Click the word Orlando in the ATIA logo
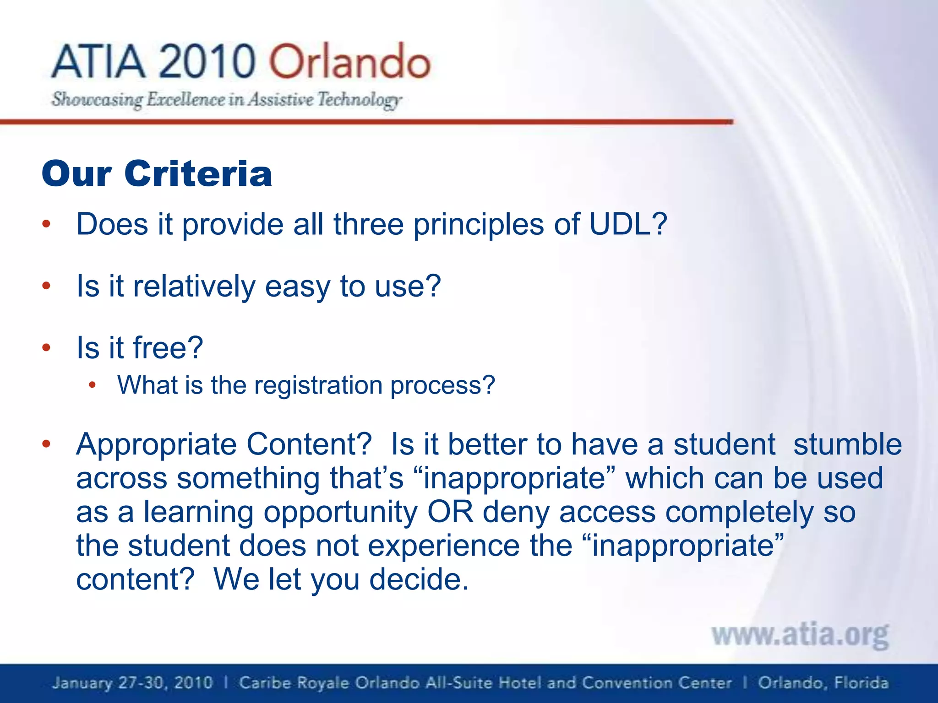tap(349, 61)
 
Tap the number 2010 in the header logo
tap(207, 61)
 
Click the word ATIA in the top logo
tap(98, 61)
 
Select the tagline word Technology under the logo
tap(360, 99)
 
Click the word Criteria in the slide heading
tap(198, 174)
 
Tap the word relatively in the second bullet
tap(194, 287)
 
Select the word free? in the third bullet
tap(168, 347)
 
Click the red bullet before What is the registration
tap(92, 385)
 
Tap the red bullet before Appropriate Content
tap(46, 444)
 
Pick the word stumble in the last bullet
tap(847, 444)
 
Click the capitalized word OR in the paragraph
tap(450, 512)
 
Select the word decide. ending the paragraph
tap(419, 579)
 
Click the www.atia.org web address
tap(800, 635)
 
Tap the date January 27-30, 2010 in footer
tap(132, 683)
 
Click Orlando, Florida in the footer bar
tap(823, 683)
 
